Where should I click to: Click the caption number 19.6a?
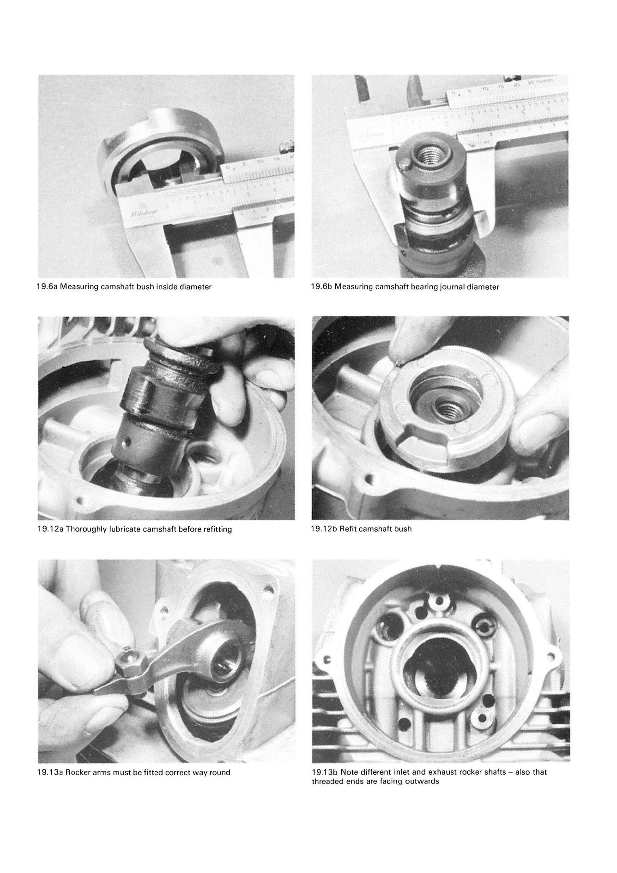[x=47, y=287]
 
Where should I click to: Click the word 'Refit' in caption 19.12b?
[x=347, y=528]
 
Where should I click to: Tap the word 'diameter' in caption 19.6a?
[x=196, y=287]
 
